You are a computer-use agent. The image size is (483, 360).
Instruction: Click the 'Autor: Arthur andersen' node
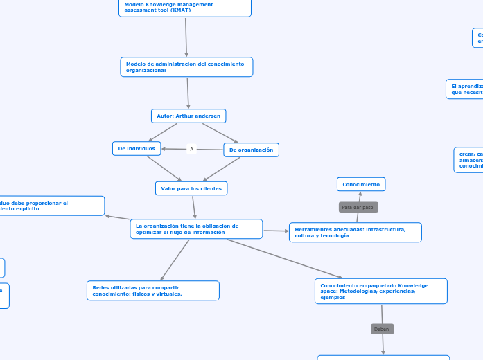coord(188,116)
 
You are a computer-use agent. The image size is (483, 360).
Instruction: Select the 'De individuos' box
coord(137,148)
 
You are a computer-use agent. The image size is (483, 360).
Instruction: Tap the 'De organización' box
coord(251,150)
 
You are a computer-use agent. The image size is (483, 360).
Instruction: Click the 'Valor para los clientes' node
coord(191,188)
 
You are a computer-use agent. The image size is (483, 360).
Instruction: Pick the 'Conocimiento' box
coord(361,184)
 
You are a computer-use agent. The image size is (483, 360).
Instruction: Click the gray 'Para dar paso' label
coord(358,207)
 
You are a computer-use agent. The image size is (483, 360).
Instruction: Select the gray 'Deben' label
coord(382,329)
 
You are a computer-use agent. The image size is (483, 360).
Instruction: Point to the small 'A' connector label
coord(192,149)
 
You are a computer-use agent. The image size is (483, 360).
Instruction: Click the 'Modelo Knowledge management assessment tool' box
coord(184,8)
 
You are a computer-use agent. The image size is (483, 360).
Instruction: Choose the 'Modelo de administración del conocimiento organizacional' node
coord(186,67)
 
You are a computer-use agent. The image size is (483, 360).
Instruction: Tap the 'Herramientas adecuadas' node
coord(355,232)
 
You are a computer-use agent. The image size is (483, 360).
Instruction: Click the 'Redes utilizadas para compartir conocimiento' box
coord(153,290)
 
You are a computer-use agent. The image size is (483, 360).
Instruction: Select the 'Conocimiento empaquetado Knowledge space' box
coord(380,291)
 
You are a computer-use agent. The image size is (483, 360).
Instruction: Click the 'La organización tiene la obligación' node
coord(196,228)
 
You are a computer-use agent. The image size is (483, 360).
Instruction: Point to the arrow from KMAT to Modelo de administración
coord(186,37)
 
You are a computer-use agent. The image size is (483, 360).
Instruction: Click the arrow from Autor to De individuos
coord(162,132)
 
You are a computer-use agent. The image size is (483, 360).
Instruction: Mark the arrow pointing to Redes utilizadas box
coord(174,260)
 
